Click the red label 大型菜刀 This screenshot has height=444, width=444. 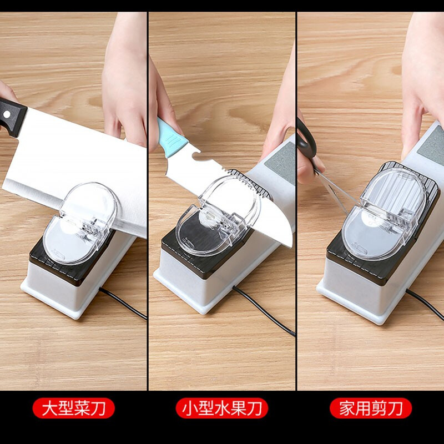pos(73,409)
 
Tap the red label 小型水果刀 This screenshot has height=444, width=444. pos(222,409)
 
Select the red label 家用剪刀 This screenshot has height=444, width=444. pos(371,409)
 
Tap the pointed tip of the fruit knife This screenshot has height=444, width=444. pos(290,244)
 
